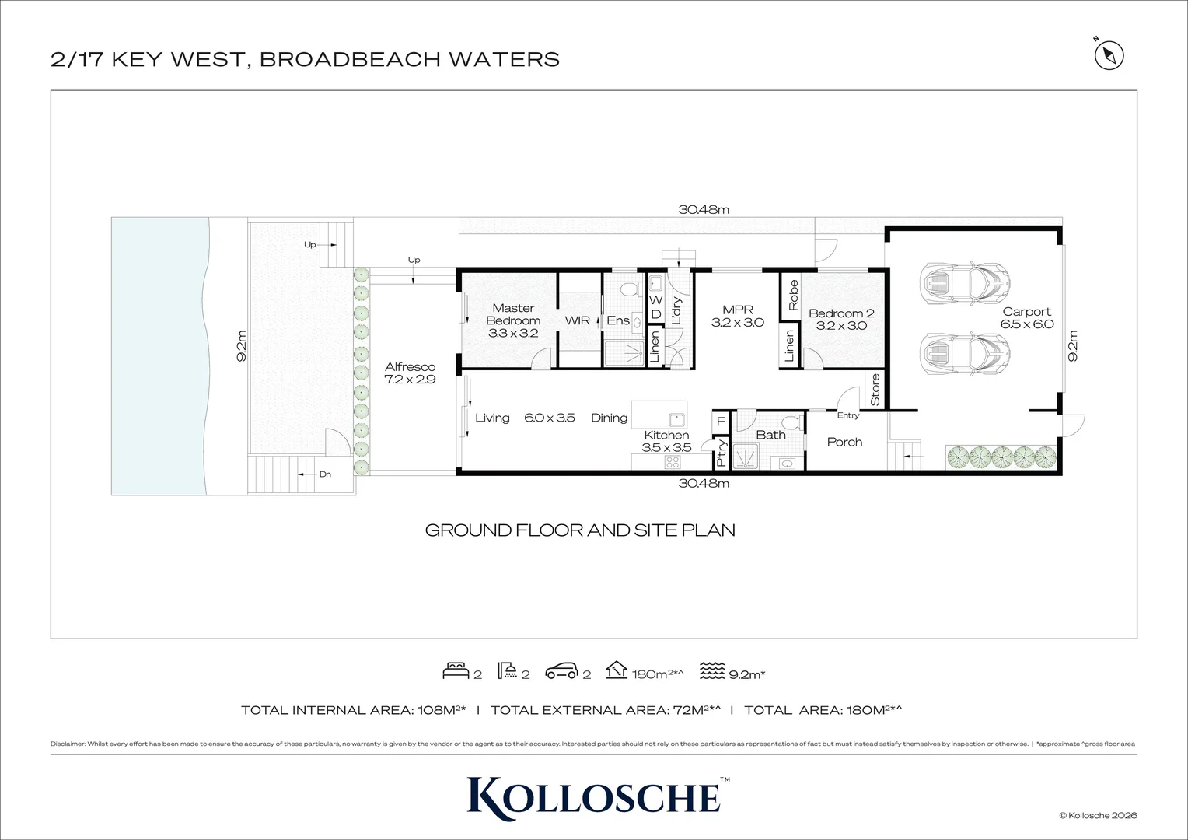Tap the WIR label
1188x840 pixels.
(x=578, y=320)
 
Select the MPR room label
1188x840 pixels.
(x=737, y=310)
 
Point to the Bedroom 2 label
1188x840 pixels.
(x=841, y=313)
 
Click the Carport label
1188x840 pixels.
(x=1026, y=312)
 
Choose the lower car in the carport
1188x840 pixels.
(x=964, y=354)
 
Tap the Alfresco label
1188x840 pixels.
(x=410, y=367)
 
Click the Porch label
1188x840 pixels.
(x=844, y=442)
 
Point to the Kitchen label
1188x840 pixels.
(x=666, y=436)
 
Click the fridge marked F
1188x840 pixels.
(x=721, y=422)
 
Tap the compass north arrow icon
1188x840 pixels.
(x=1109, y=55)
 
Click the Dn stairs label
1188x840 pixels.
(x=325, y=474)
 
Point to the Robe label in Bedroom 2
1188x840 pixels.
(x=793, y=296)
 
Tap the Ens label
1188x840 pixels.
(x=618, y=320)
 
